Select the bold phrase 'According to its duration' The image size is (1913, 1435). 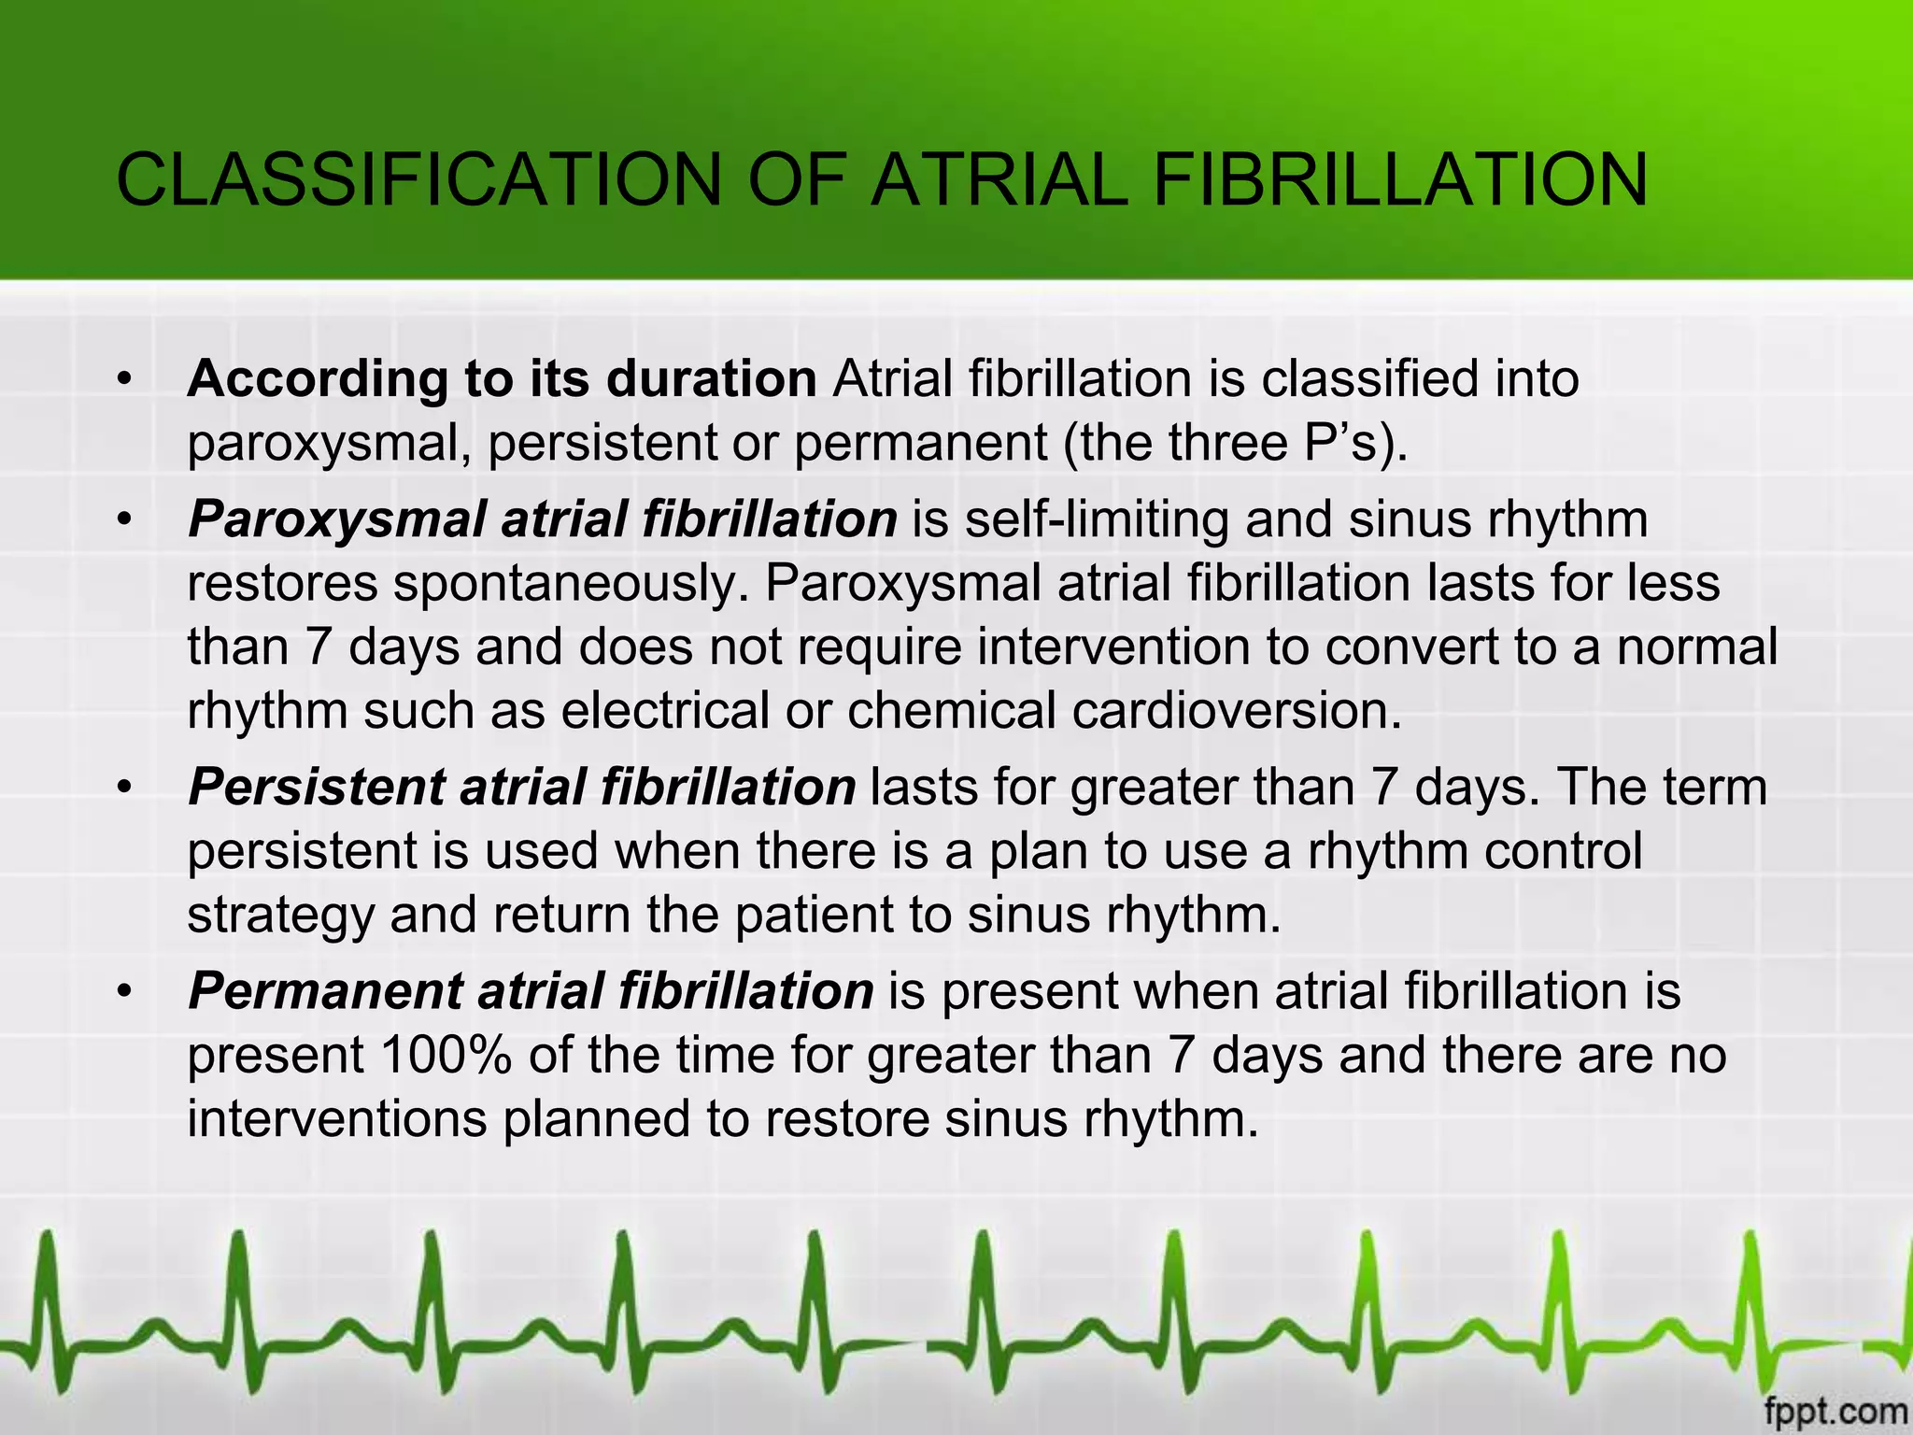click(x=502, y=379)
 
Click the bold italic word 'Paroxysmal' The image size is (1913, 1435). click(x=336, y=519)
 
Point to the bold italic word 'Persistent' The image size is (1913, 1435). click(x=317, y=787)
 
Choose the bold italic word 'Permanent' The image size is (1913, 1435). click(x=325, y=990)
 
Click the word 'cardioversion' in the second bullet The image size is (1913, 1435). click(x=1237, y=710)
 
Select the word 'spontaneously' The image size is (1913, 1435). click(x=571, y=583)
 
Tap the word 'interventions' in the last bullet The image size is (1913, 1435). click(x=337, y=1118)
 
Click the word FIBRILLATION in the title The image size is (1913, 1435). click(x=1400, y=179)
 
